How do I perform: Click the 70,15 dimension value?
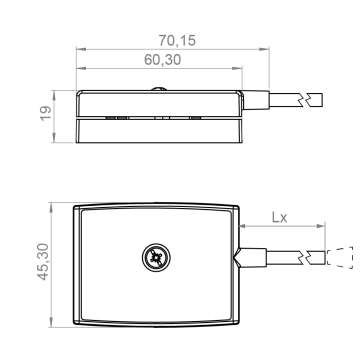click(177, 41)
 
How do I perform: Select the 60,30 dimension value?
click(163, 60)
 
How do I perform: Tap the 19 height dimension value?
click(46, 113)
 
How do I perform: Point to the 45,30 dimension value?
click(43, 262)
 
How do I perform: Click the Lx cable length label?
click(279, 217)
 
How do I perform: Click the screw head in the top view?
click(156, 257)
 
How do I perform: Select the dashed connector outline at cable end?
click(340, 257)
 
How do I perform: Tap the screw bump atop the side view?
click(159, 89)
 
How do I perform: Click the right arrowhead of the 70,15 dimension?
click(264, 49)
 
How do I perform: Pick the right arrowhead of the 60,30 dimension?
click(237, 68)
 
